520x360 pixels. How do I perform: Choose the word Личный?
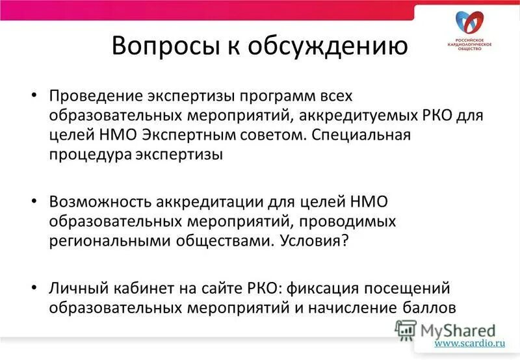[x=74, y=288]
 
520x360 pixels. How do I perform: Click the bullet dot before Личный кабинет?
[x=35, y=288]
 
